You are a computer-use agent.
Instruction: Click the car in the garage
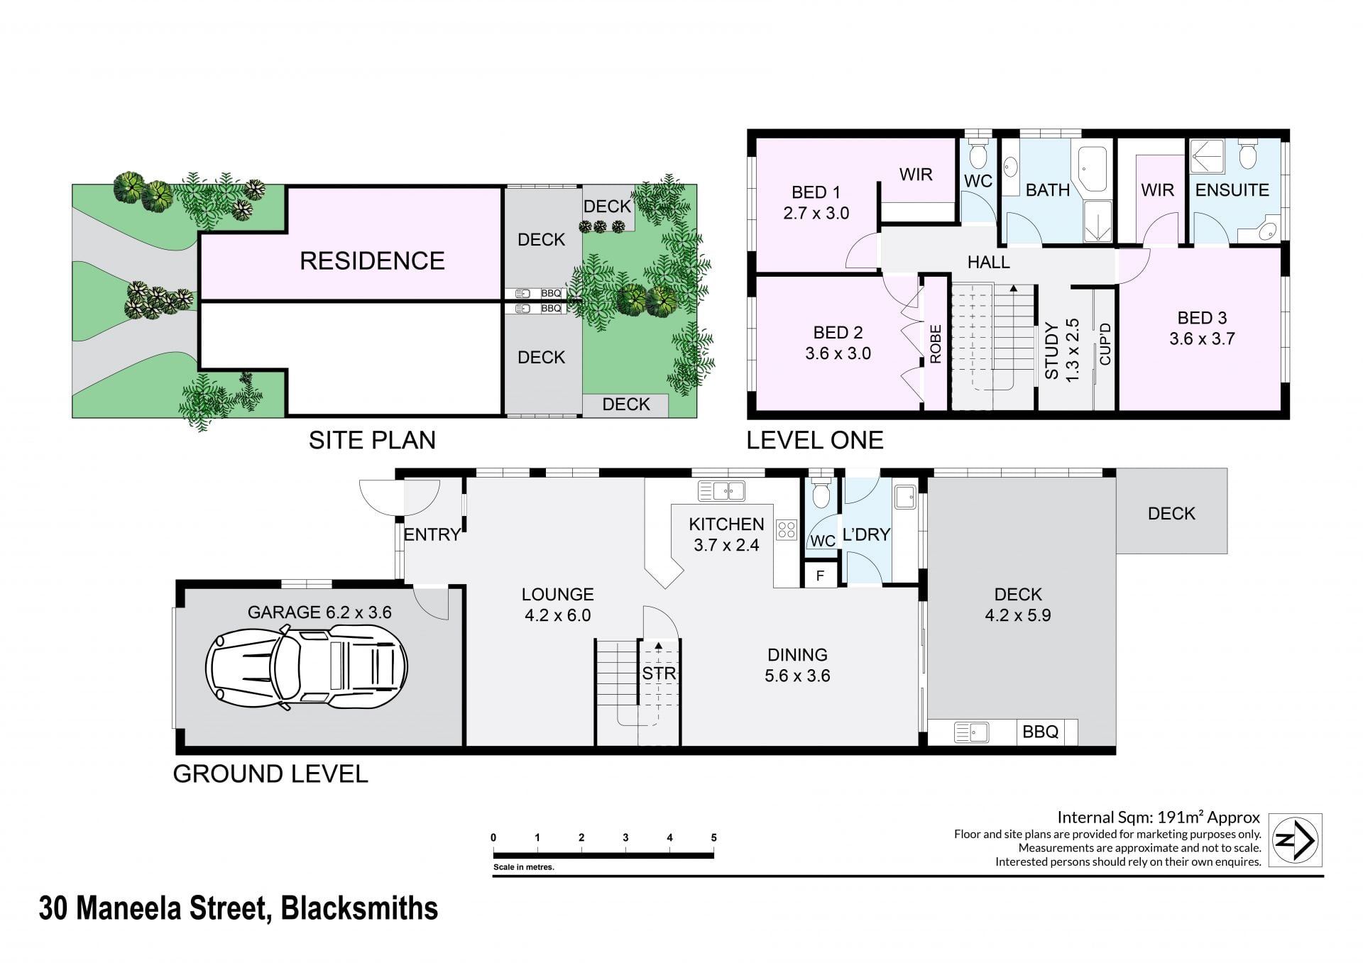click(x=306, y=666)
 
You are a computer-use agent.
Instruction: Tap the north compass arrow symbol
click(x=1296, y=840)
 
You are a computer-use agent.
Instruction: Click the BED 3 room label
click(x=1202, y=328)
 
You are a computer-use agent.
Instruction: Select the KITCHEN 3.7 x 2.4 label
click(x=726, y=534)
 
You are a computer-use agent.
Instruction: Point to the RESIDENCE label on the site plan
click(x=372, y=260)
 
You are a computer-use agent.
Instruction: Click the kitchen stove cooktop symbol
click(x=787, y=529)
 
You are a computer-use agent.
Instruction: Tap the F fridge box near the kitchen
click(x=820, y=576)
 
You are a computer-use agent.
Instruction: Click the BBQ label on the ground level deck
click(x=1040, y=732)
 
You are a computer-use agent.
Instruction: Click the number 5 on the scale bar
click(x=713, y=837)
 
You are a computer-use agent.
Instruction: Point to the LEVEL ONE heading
click(x=814, y=440)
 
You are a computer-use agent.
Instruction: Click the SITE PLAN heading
click(x=372, y=440)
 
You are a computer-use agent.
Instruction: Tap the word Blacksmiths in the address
click(x=360, y=908)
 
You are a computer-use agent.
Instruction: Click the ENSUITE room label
click(x=1232, y=190)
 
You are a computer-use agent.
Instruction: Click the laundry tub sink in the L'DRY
click(x=905, y=497)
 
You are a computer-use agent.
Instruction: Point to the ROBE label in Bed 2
click(x=935, y=344)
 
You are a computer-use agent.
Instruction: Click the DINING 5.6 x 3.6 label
click(x=797, y=665)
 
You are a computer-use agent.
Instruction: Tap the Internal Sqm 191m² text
click(x=1159, y=818)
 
